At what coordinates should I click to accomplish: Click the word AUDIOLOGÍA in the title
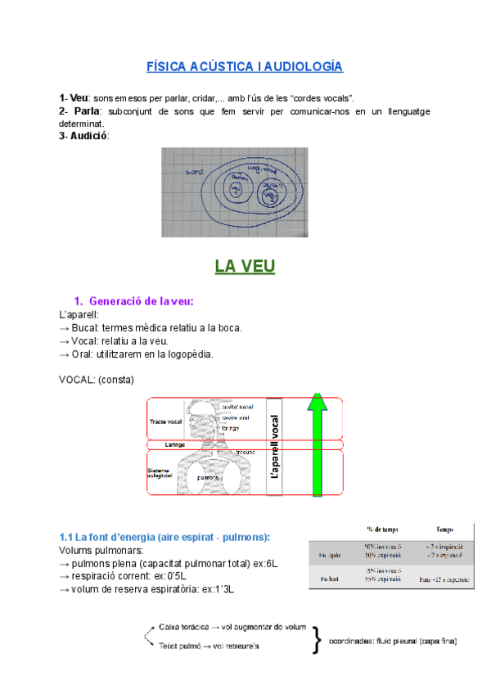click(x=302, y=66)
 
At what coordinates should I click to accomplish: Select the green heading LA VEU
click(x=245, y=267)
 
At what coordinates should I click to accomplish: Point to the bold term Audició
click(x=88, y=135)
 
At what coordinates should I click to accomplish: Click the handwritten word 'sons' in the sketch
click(x=195, y=173)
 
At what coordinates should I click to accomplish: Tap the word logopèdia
click(x=185, y=354)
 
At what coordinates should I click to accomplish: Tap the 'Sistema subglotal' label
click(x=163, y=474)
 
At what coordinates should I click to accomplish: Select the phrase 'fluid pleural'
click(x=401, y=640)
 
